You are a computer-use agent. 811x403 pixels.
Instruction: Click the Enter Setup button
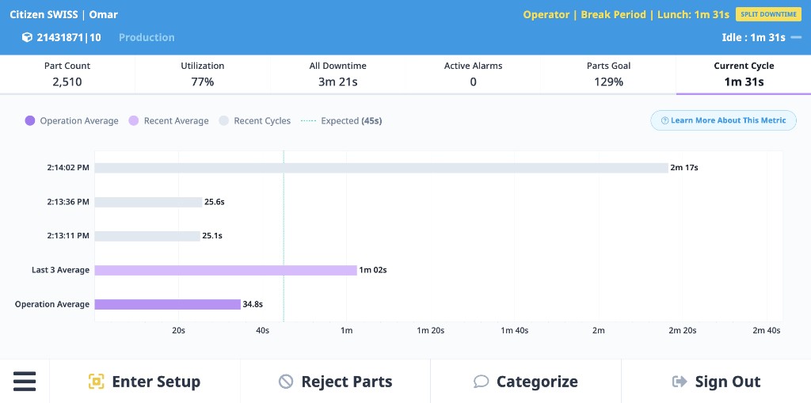[145, 382]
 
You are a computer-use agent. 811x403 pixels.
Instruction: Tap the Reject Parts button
[336, 382]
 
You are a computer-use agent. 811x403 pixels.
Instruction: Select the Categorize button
[526, 382]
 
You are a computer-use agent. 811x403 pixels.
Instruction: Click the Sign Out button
[716, 382]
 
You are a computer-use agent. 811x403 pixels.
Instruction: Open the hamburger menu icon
[25, 382]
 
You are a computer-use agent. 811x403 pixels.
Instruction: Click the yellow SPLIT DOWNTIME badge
[768, 14]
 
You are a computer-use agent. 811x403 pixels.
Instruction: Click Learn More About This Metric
[723, 120]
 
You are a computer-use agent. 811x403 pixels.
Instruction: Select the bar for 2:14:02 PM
[381, 168]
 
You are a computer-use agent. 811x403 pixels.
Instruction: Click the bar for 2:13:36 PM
[148, 202]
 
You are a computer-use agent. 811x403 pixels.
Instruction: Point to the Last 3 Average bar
[226, 270]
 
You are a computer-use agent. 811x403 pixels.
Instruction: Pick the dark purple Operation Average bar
[167, 304]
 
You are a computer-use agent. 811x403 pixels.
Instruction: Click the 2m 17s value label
[683, 168]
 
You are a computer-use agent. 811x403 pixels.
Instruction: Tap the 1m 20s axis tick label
[430, 331]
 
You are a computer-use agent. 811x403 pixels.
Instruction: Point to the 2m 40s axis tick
[766, 331]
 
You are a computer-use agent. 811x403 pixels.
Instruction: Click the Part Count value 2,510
[67, 82]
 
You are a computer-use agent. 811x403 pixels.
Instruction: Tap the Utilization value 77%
[203, 82]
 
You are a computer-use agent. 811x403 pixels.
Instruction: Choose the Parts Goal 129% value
[608, 82]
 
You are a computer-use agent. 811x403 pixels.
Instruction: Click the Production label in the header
[147, 37]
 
